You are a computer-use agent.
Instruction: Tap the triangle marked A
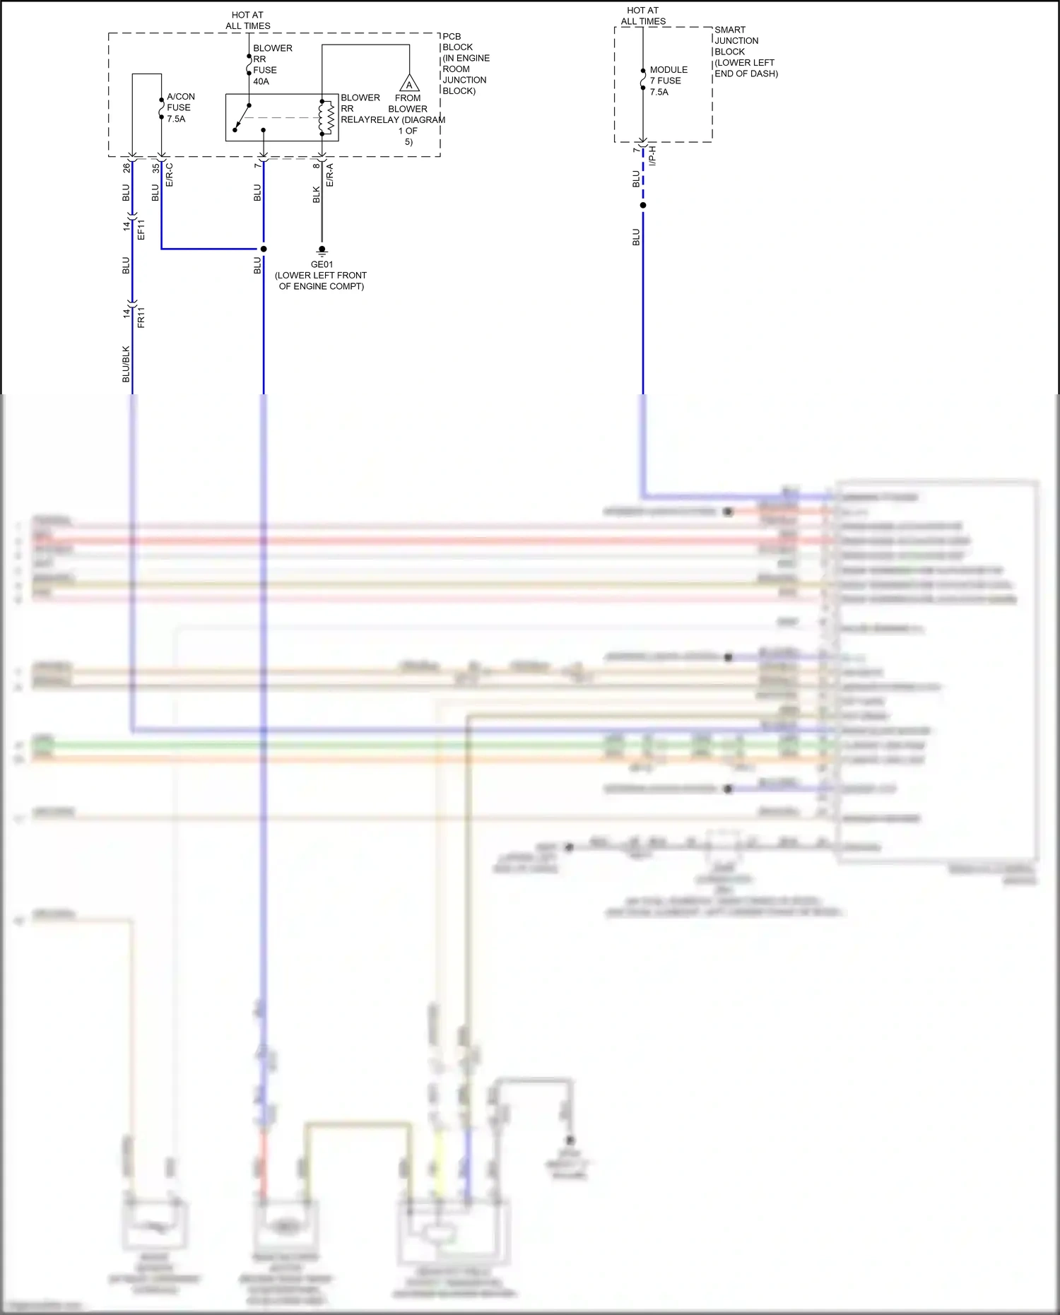tap(409, 84)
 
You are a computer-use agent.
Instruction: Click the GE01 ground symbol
tap(322, 250)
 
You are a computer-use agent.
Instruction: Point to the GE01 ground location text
tap(321, 281)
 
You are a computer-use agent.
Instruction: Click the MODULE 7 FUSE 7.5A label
tap(668, 81)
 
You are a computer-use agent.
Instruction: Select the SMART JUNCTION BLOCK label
tap(745, 52)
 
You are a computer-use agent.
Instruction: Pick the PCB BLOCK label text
tap(465, 63)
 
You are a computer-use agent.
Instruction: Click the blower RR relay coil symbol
tap(326, 117)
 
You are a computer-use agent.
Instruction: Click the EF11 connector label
tap(141, 229)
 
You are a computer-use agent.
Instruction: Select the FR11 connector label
tap(141, 317)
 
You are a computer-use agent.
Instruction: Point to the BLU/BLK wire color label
tap(126, 364)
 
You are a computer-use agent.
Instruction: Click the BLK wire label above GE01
tap(316, 195)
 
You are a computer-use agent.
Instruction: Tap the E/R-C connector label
tap(169, 175)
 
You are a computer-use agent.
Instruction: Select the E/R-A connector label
tap(329, 175)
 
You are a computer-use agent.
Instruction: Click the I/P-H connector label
tap(652, 155)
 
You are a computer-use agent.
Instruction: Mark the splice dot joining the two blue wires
tap(264, 249)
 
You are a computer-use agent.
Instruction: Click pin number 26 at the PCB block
tap(126, 167)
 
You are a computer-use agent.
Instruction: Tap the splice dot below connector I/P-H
tap(643, 206)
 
